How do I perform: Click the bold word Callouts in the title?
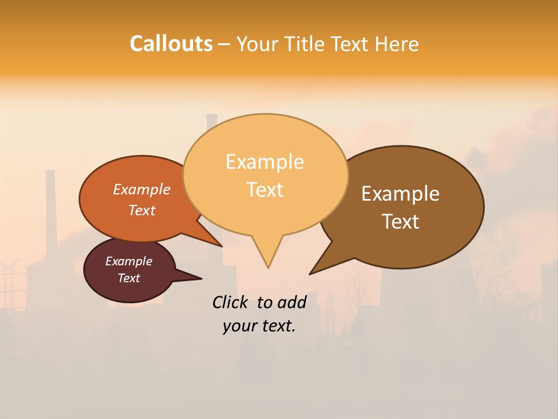click(171, 44)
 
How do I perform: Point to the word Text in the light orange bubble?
click(264, 189)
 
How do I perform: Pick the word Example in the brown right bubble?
click(400, 193)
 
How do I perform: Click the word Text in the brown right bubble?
click(400, 221)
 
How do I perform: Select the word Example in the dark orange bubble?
click(142, 189)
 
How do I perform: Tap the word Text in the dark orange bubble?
click(142, 210)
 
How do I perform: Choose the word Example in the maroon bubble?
click(129, 261)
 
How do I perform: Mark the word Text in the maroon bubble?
click(129, 278)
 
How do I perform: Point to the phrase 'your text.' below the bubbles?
click(259, 326)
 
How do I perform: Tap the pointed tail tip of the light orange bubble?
click(268, 268)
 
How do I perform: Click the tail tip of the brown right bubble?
click(310, 274)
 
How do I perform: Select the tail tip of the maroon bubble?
click(201, 278)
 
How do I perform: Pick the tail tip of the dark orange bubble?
click(222, 246)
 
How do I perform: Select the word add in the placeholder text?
click(292, 302)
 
